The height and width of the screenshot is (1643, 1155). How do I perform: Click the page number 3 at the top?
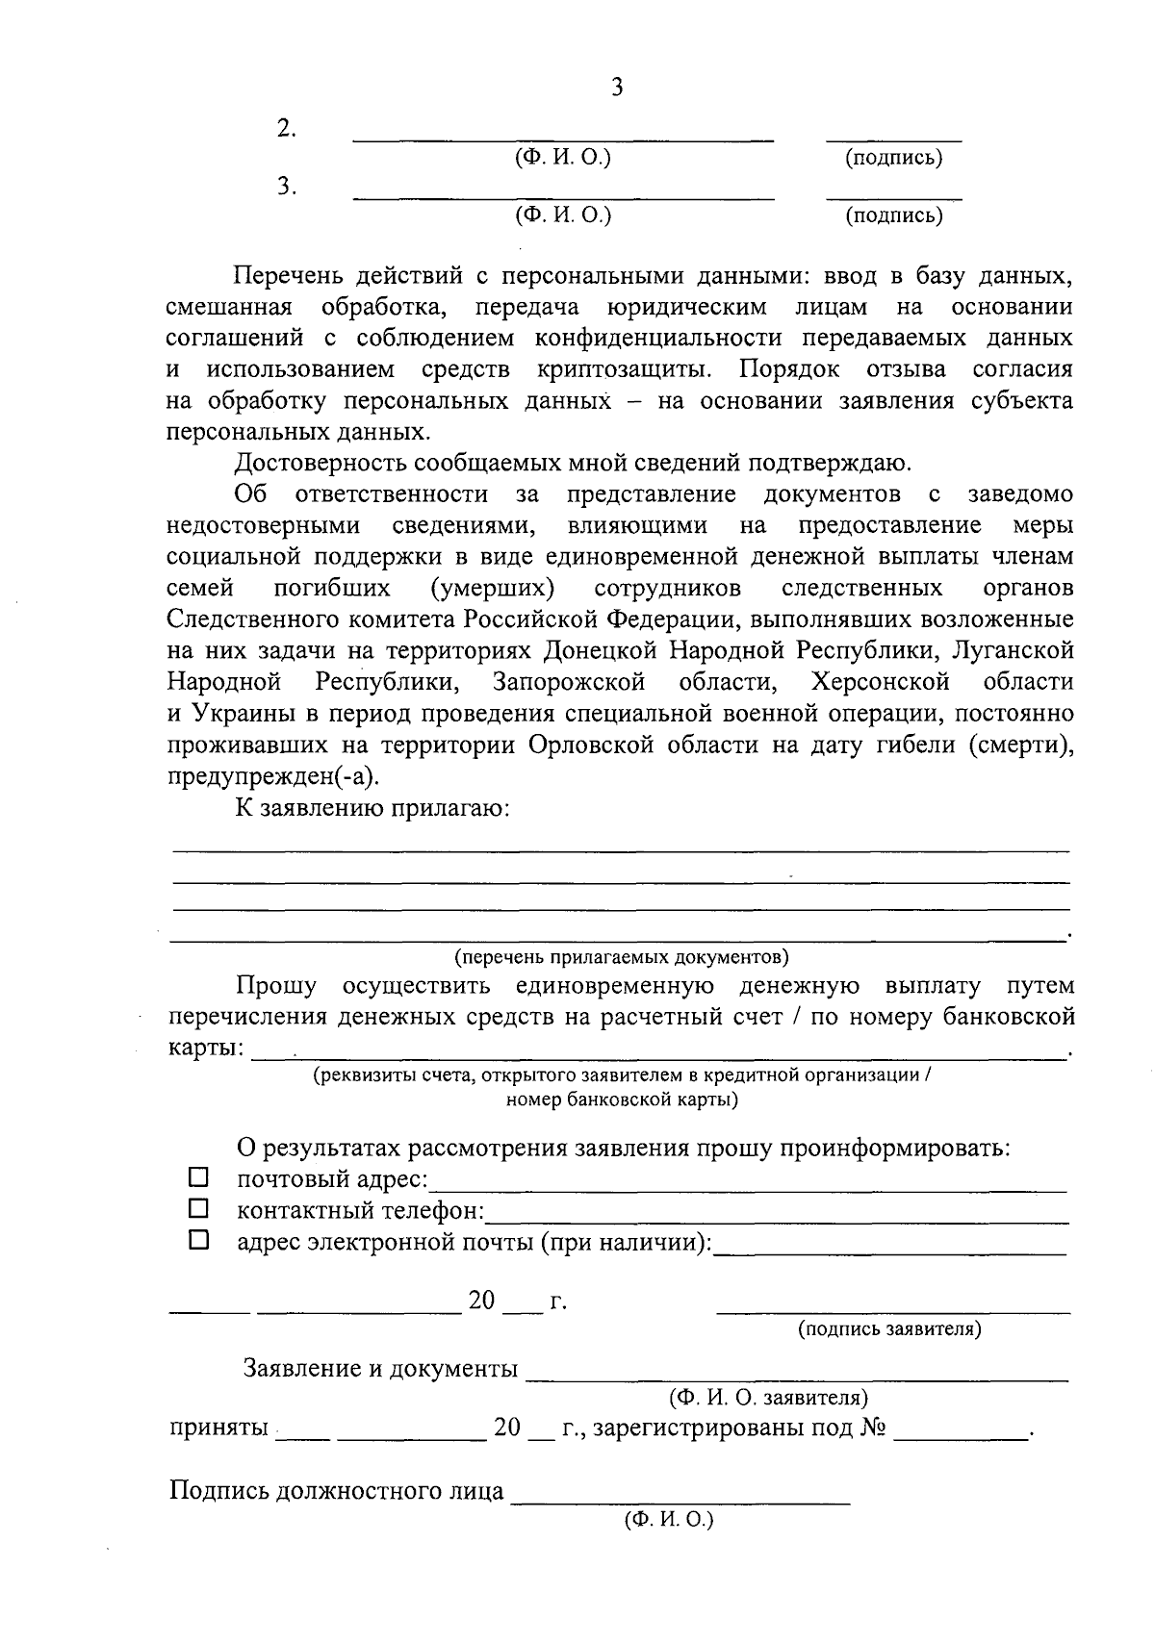(x=617, y=88)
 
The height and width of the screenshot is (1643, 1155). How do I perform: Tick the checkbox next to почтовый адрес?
(x=198, y=1176)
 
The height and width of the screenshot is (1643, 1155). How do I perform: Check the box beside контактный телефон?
(x=198, y=1207)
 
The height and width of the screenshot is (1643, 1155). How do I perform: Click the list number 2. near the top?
(x=286, y=128)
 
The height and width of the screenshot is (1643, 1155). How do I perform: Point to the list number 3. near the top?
(x=286, y=187)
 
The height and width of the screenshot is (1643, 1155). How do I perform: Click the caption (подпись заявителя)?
(x=888, y=1328)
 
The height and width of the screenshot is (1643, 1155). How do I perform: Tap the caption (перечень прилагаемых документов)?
(x=622, y=956)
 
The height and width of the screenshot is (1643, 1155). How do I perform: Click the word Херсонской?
(x=881, y=682)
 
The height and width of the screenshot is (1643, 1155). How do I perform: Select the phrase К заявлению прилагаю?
(x=372, y=807)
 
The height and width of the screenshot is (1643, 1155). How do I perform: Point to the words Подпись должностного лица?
(x=337, y=1491)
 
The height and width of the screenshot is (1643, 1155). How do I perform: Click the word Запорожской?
(x=569, y=682)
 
